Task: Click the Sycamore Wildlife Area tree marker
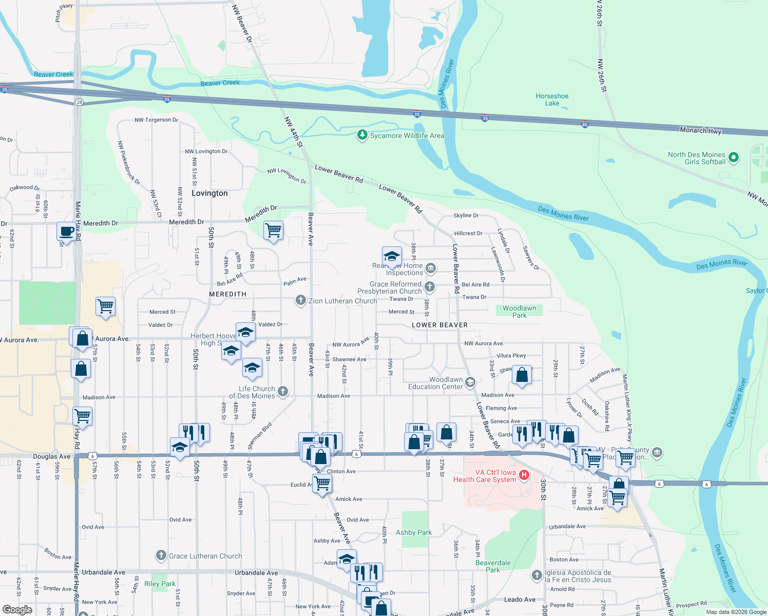(362, 135)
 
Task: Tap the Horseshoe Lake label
(552, 100)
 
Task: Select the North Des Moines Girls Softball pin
(734, 158)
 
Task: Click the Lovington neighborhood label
(209, 193)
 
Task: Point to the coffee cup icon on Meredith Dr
(66, 231)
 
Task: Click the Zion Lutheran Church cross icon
(301, 300)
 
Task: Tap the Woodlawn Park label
(519, 312)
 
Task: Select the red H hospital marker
(524, 475)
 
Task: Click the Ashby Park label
(413, 532)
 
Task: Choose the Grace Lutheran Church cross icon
(161, 555)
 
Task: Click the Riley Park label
(160, 584)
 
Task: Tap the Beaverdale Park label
(493, 566)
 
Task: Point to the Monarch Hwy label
(700, 130)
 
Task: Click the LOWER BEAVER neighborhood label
(439, 325)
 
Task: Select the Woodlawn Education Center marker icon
(470, 382)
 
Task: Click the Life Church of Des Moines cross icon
(282, 392)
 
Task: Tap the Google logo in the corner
(17, 610)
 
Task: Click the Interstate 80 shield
(585, 124)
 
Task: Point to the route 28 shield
(79, 102)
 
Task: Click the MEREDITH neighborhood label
(227, 294)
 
